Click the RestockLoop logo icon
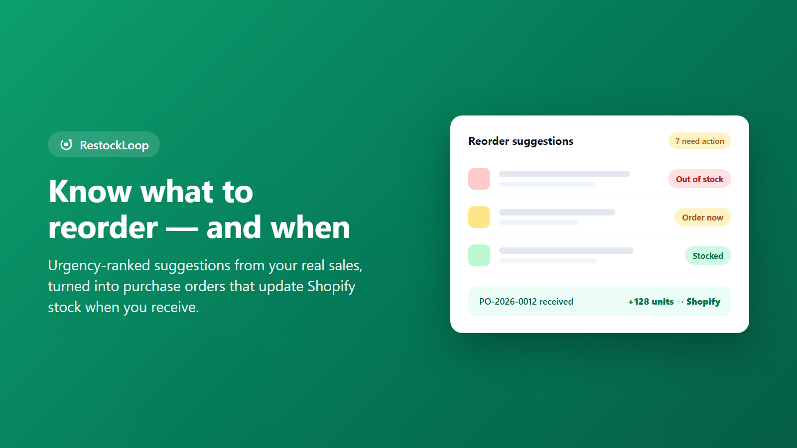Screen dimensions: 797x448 [66, 145]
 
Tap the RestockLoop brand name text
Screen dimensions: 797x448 [114, 145]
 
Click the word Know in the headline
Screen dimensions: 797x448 [90, 191]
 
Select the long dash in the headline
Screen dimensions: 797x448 [182, 228]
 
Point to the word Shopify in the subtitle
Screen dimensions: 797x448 [331, 287]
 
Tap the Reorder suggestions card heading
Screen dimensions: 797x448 [521, 141]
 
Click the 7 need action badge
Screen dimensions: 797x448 [699, 141]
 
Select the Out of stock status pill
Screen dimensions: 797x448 [699, 179]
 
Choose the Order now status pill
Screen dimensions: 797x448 [702, 217]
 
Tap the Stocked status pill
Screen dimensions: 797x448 [708, 256]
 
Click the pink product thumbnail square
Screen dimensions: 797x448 [479, 179]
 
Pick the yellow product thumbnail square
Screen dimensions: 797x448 [479, 217]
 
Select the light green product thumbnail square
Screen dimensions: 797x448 [479, 255]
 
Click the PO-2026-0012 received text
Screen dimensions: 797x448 [526, 302]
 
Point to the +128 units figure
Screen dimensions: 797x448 [651, 302]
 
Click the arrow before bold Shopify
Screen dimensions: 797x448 [680, 302]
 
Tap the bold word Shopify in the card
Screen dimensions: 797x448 [703, 302]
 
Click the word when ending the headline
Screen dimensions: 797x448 [310, 227]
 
